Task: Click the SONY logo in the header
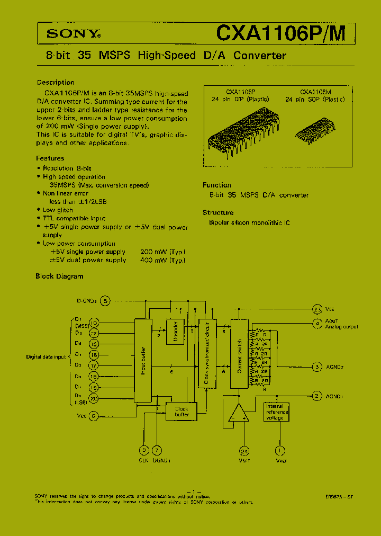click(74, 34)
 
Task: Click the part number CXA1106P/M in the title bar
click(280, 33)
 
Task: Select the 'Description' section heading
click(56, 83)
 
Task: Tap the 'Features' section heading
click(50, 158)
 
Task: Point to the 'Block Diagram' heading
click(59, 276)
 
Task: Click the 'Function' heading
click(217, 185)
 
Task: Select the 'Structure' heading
click(218, 212)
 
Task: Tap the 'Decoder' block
click(176, 330)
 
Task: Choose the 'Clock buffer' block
click(182, 411)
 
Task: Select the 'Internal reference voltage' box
click(277, 412)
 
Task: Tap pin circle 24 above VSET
click(243, 451)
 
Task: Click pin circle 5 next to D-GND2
click(106, 301)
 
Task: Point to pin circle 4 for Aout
click(317, 323)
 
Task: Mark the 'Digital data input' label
click(46, 357)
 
